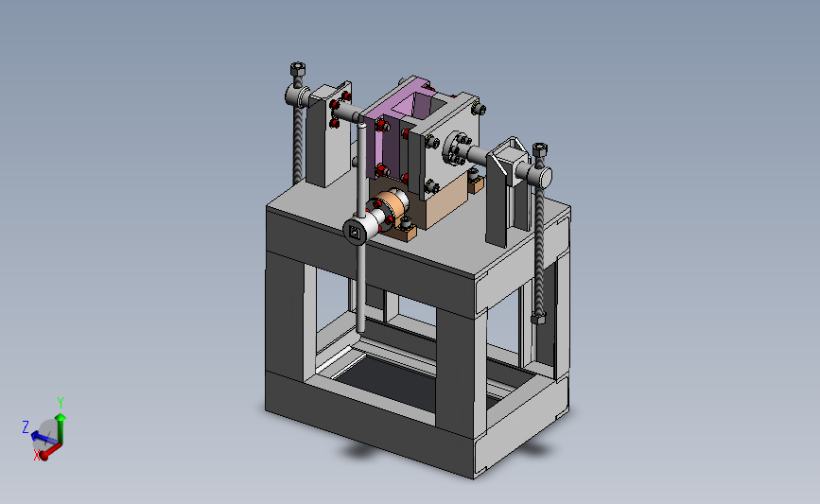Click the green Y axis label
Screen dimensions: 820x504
pyautogui.click(x=61, y=403)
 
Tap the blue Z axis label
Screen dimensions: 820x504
pyautogui.click(x=26, y=427)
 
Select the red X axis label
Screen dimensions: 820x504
pyautogui.click(x=37, y=455)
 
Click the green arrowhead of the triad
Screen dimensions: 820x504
pyautogui.click(x=61, y=417)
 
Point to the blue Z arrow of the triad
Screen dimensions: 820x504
pyautogui.click(x=43, y=437)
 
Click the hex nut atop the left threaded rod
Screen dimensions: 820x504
pyautogui.click(x=298, y=69)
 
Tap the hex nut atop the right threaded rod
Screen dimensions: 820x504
pyautogui.click(x=540, y=149)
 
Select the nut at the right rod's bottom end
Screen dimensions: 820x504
pyautogui.click(x=538, y=318)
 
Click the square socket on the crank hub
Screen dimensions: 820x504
pyautogui.click(x=355, y=232)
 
